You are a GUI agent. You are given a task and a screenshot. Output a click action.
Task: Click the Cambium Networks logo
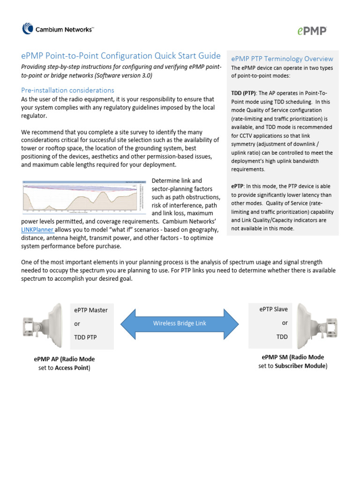coord(58,30)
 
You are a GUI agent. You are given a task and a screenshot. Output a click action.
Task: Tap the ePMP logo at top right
coord(312,30)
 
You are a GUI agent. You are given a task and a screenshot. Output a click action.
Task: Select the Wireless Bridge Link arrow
coord(180,323)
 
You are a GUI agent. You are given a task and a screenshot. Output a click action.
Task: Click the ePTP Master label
coord(91,310)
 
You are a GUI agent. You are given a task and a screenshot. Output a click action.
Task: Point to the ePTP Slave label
coord(273,309)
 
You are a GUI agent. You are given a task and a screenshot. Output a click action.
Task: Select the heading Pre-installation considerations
coord(68,90)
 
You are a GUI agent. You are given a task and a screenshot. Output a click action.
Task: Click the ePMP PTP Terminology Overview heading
coord(282,59)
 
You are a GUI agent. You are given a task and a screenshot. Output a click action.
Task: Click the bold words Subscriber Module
coord(300,366)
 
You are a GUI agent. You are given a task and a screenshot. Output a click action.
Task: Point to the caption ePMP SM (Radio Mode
coord(293,357)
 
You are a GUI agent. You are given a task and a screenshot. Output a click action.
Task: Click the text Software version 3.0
coord(127,75)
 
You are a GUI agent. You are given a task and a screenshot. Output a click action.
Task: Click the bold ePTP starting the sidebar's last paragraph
coord(237,186)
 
